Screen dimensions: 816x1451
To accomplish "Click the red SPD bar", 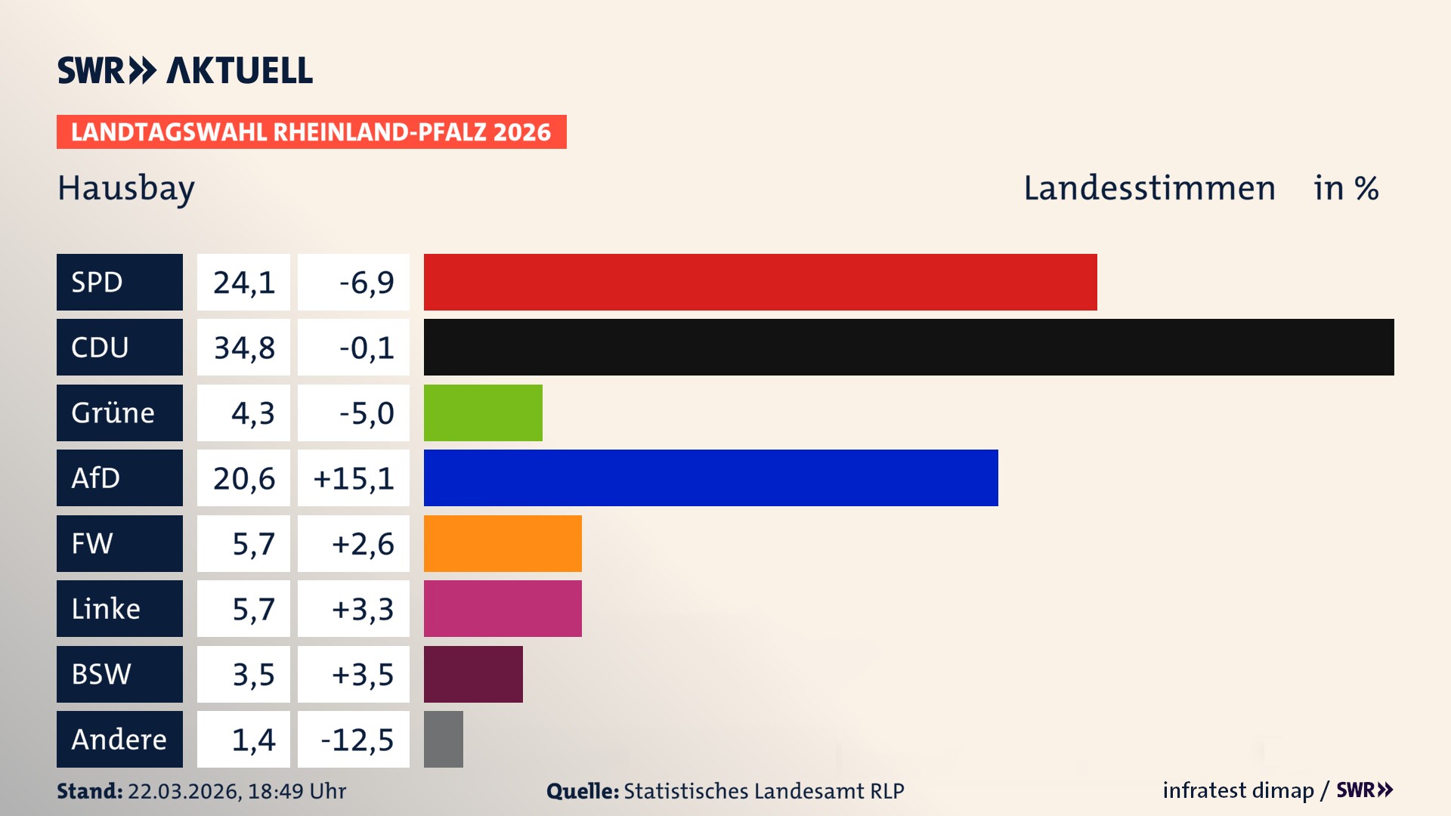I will click(760, 282).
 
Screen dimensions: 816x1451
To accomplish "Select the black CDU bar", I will click(908, 348).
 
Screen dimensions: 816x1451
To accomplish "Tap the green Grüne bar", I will click(483, 413).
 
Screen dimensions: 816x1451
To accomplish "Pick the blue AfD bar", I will click(710, 478).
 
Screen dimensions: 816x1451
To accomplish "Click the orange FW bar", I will click(503, 543).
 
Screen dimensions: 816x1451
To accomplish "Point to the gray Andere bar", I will click(444, 739).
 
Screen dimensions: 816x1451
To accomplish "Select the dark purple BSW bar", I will click(473, 674).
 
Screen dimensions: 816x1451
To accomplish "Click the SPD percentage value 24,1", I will click(243, 283).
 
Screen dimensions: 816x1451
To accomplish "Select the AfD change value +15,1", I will click(354, 478).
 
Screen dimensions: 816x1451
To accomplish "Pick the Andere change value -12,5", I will click(357, 740).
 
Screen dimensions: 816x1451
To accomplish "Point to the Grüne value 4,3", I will click(252, 413).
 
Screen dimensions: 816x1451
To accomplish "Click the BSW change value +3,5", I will click(363, 675).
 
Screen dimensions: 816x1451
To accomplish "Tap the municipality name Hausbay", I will click(126, 188).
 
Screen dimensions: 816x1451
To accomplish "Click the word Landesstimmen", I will click(1149, 188).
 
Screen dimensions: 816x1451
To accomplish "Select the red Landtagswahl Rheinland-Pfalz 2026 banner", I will click(311, 132).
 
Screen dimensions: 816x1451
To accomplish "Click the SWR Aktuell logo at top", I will click(185, 70).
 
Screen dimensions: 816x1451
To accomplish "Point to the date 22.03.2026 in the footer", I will click(184, 791).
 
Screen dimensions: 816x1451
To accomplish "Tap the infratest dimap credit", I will click(1238, 790).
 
